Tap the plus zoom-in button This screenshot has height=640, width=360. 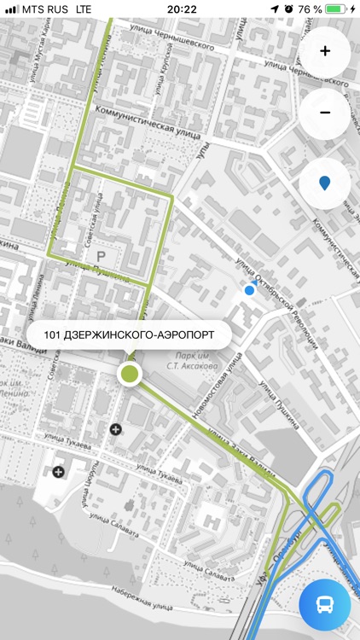tap(325, 51)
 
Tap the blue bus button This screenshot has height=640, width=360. tap(325, 605)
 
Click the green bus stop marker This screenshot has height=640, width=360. tap(130, 373)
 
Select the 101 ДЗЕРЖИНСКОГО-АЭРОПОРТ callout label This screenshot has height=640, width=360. tap(128, 333)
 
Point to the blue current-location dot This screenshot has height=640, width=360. tap(249, 290)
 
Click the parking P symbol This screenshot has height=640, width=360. tap(102, 256)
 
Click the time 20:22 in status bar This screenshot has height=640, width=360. tap(182, 9)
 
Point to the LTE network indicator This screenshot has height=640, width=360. tap(84, 9)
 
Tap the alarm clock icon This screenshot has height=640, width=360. tap(288, 9)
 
